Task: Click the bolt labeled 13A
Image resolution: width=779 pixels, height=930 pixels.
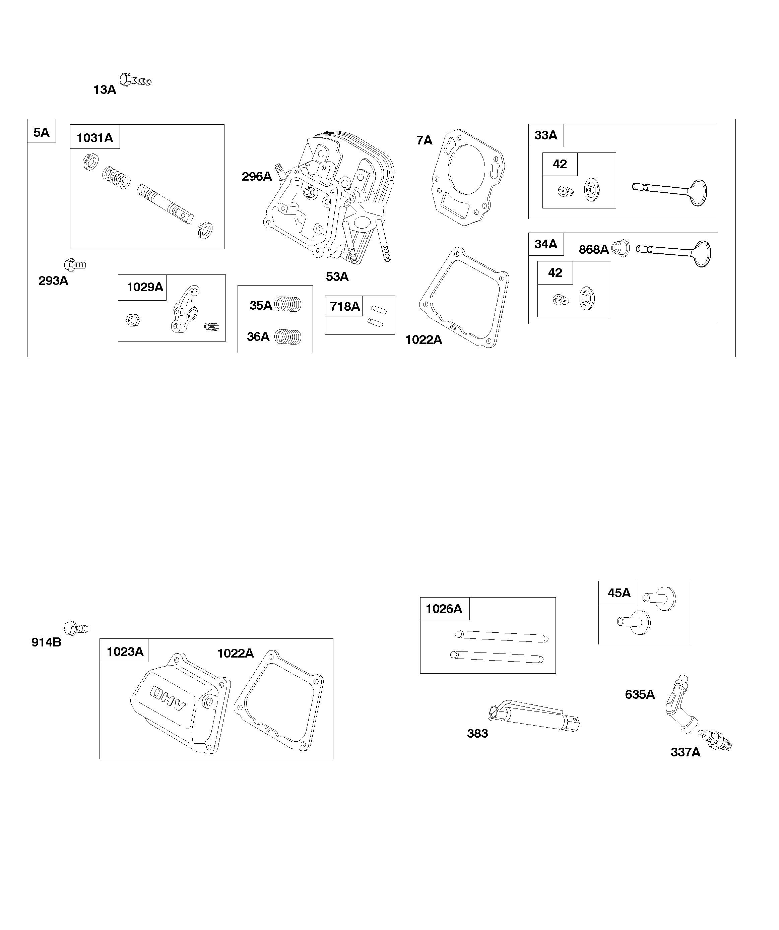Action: click(x=135, y=80)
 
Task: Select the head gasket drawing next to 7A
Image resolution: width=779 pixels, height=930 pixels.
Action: click(x=468, y=177)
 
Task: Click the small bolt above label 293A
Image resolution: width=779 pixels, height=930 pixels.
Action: click(x=75, y=265)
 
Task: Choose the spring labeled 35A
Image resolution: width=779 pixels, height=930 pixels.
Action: click(x=288, y=304)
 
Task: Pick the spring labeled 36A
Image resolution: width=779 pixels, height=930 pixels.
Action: click(x=288, y=337)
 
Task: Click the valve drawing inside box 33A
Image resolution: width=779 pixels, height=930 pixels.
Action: click(x=670, y=192)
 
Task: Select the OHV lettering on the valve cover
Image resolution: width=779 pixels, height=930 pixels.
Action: click(x=168, y=698)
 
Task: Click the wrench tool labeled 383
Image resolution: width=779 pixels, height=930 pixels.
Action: click(x=534, y=716)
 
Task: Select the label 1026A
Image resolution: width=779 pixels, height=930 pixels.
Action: click(x=444, y=609)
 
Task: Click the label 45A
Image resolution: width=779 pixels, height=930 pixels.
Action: click(x=619, y=593)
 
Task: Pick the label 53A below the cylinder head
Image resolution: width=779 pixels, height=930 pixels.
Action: click(x=337, y=277)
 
